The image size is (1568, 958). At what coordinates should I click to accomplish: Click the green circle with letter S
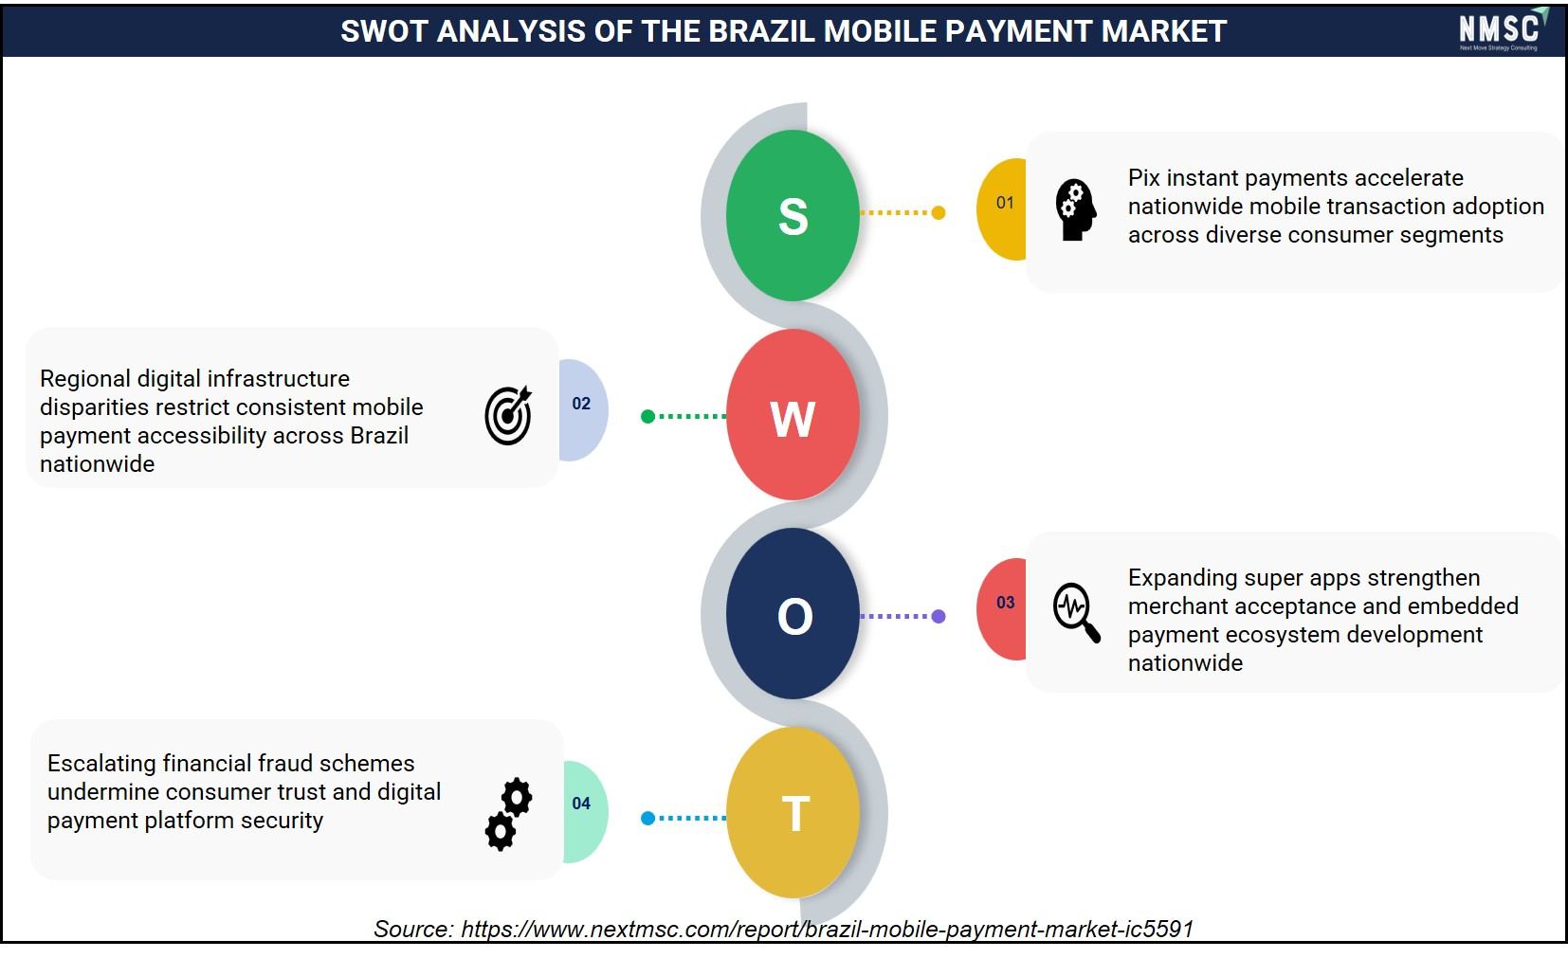pyautogui.click(x=793, y=215)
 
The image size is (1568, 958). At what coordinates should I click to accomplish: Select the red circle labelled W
pyautogui.click(x=793, y=415)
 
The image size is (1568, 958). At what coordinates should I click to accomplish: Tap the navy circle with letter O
pyautogui.click(x=793, y=614)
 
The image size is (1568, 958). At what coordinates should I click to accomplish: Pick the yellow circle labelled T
pyautogui.click(x=793, y=812)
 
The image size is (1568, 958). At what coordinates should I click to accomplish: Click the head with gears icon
pyautogui.click(x=1075, y=210)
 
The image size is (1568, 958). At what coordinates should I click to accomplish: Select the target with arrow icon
pyautogui.click(x=508, y=415)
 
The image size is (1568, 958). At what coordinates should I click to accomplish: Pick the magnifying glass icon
pyautogui.click(x=1076, y=612)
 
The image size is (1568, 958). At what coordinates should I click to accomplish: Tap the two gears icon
pyautogui.click(x=509, y=814)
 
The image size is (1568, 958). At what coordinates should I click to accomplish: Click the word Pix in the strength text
pyautogui.click(x=1144, y=178)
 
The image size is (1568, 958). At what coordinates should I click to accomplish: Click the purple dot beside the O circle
pyautogui.click(x=939, y=616)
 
